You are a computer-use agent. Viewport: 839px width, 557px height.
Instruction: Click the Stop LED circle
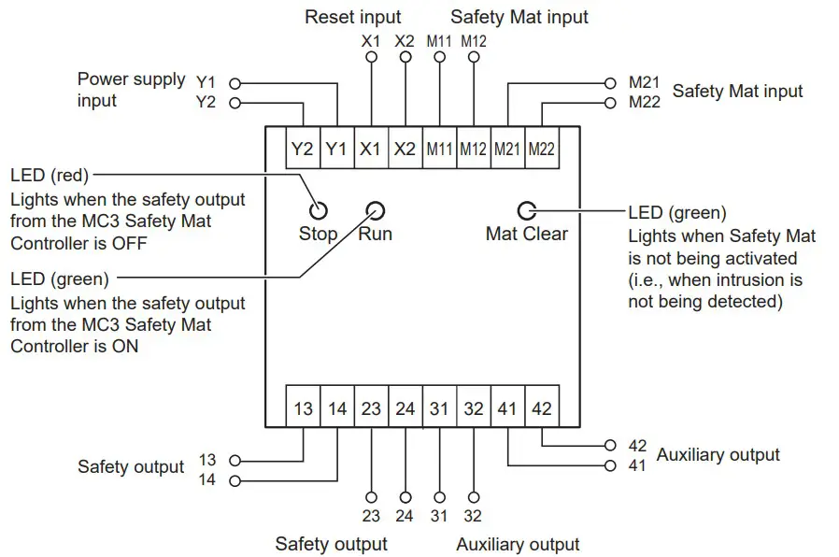(x=320, y=209)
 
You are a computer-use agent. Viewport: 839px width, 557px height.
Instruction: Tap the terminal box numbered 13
(x=303, y=408)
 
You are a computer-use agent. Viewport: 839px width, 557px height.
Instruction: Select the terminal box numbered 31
(x=439, y=408)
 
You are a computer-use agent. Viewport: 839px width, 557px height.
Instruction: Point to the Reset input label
(x=353, y=17)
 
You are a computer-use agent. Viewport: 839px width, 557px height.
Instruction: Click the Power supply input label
(x=131, y=90)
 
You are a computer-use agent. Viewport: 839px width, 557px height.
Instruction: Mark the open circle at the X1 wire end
(x=371, y=57)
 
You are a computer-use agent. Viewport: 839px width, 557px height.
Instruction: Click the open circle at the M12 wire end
(x=474, y=57)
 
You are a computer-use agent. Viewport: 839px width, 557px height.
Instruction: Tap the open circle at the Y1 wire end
(x=235, y=82)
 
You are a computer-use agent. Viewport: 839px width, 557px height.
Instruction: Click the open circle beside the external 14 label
(x=235, y=481)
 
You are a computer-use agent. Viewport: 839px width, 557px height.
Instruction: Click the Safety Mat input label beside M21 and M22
(x=737, y=91)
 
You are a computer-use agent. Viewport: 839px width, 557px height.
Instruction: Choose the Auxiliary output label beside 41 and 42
(x=718, y=455)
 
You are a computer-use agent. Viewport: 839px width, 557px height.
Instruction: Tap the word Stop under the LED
(x=318, y=234)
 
